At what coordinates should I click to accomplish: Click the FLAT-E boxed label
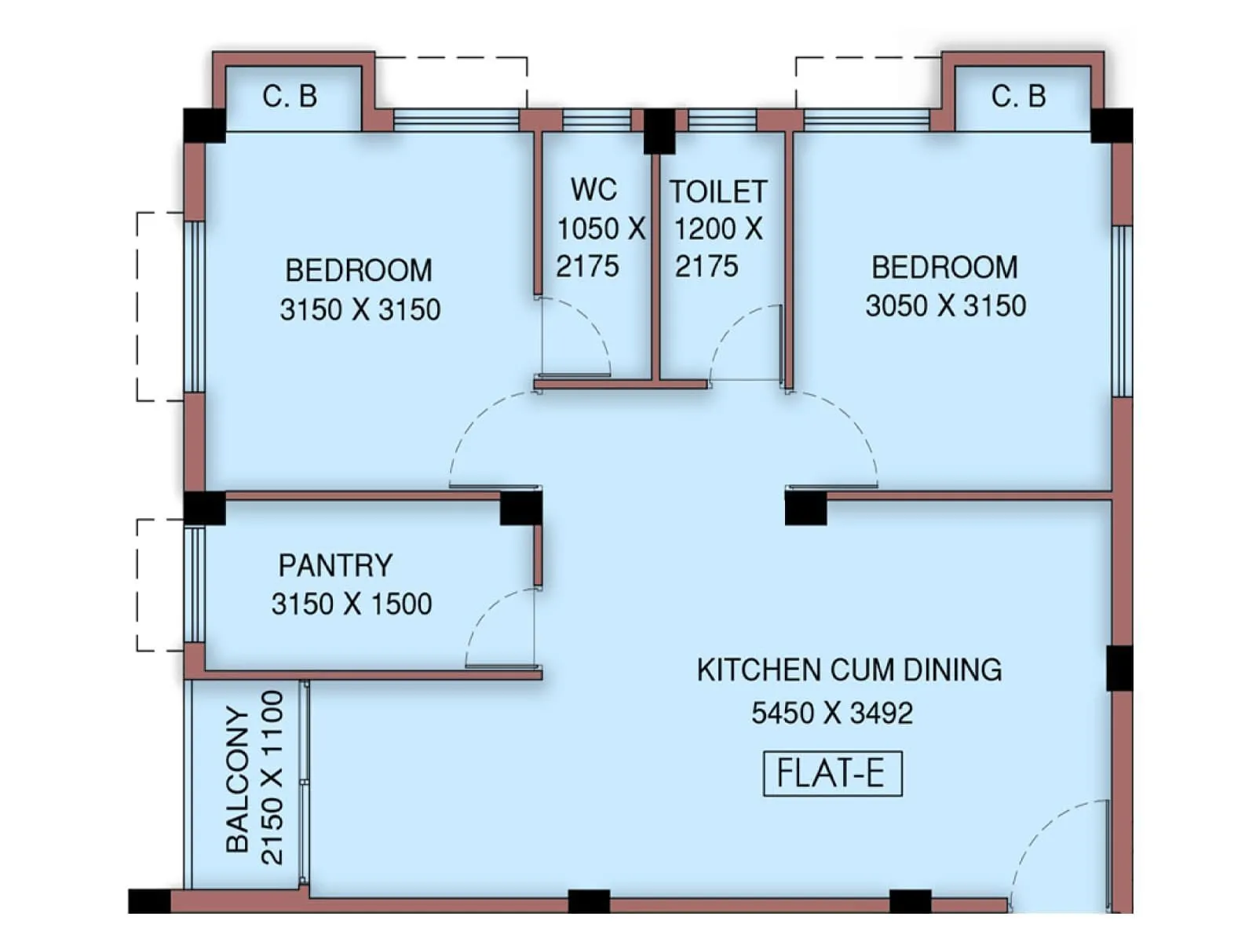tap(832, 774)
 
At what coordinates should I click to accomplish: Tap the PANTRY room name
tap(335, 565)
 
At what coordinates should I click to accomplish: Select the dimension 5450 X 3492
tap(832, 713)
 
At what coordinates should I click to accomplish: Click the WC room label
tap(593, 189)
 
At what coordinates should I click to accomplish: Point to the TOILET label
tap(717, 192)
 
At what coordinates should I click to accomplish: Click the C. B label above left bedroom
tap(290, 97)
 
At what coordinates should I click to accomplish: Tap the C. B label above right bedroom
tap(1018, 97)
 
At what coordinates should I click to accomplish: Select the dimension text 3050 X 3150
tap(945, 305)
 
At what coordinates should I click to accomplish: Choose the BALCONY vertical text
tap(237, 779)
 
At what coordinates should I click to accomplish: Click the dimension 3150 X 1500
tap(352, 604)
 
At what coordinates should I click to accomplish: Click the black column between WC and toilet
tap(659, 131)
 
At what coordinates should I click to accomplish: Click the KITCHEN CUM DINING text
tap(849, 670)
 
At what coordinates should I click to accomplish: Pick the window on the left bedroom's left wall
tap(194, 306)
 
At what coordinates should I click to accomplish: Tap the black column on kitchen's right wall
tap(1119, 668)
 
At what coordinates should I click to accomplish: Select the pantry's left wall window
tap(194, 585)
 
